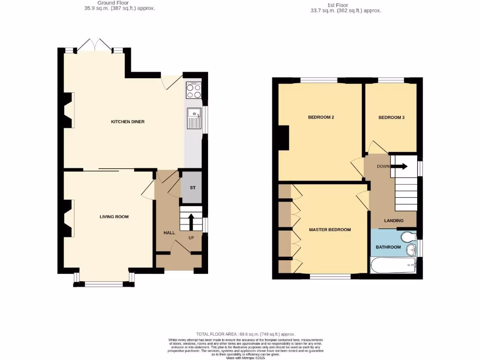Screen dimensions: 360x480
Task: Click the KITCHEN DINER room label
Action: tap(127, 122)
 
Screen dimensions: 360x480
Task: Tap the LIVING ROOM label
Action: tap(114, 217)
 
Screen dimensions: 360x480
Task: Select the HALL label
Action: tap(169, 233)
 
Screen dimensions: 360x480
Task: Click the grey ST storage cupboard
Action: tap(192, 187)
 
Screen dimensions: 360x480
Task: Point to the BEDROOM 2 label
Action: tap(321, 117)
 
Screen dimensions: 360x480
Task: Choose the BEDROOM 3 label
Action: tap(391, 118)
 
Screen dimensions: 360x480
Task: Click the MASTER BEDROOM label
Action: tap(330, 230)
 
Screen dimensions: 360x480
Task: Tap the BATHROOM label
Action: tap(388, 247)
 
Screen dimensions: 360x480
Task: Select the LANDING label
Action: tap(394, 220)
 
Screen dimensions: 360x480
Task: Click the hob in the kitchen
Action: tap(194, 90)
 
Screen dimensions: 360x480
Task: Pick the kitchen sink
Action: tap(194, 118)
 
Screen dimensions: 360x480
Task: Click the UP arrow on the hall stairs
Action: tap(191, 221)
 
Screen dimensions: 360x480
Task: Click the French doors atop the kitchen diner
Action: tap(96, 45)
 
